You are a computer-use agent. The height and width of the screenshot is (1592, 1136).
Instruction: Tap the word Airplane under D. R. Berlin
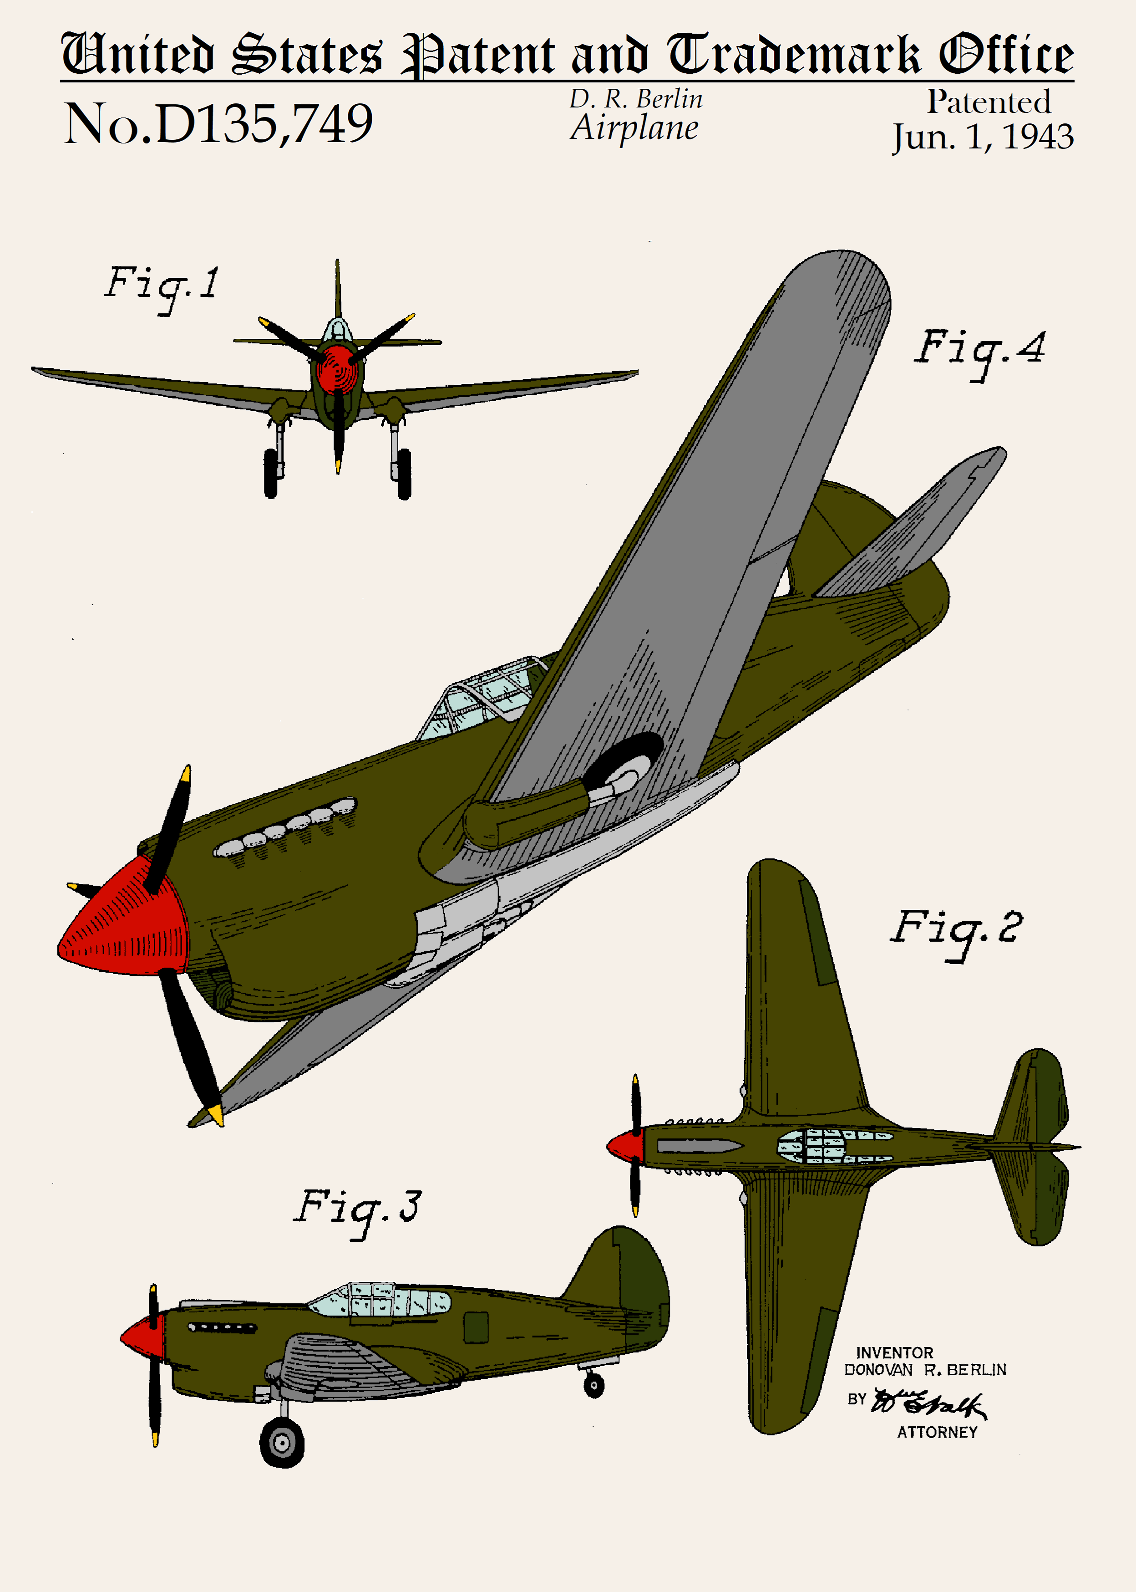(x=634, y=128)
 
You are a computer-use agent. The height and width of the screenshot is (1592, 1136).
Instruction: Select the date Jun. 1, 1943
(x=982, y=137)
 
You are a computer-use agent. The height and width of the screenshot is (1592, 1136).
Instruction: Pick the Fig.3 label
(x=357, y=1209)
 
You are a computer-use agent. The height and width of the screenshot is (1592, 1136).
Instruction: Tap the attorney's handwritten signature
(x=930, y=1403)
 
